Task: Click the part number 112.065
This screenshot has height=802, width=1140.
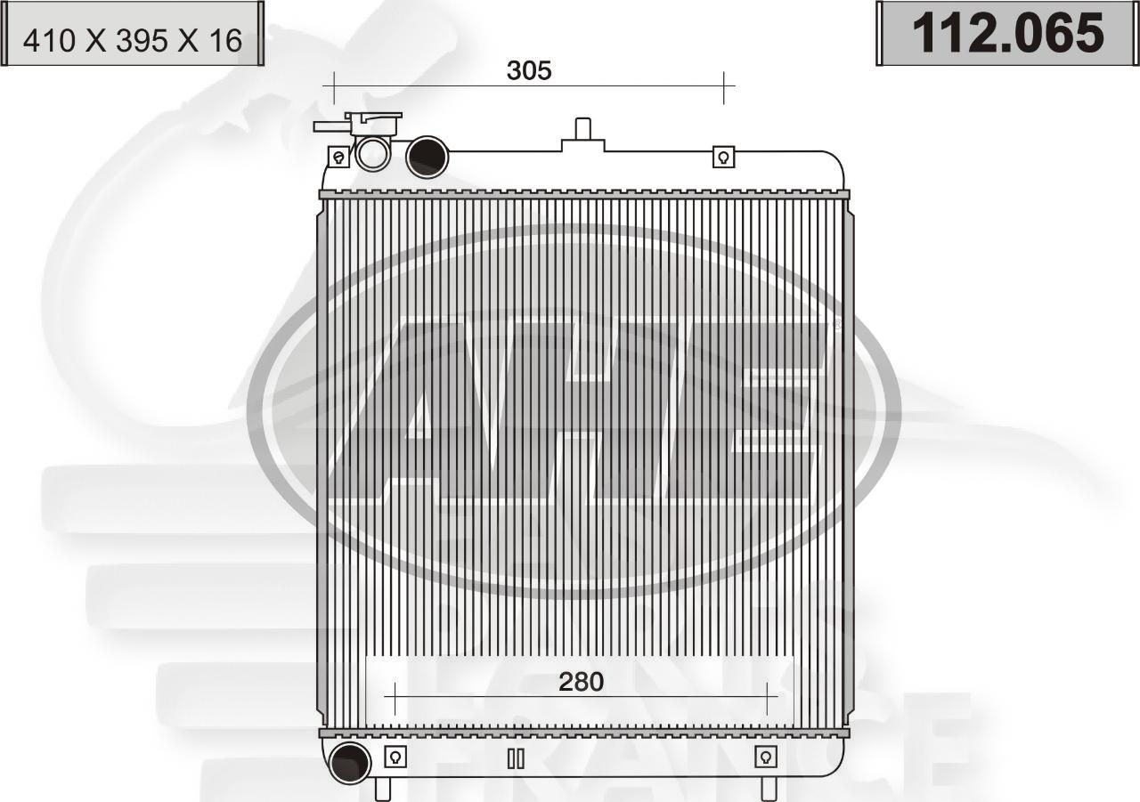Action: coord(1007,33)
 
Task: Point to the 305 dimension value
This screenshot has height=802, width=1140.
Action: coord(529,70)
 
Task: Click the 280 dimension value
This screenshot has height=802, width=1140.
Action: coord(581,682)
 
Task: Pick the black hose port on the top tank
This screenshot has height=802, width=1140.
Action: coord(427,158)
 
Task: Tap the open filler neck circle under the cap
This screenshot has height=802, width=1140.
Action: coord(372,153)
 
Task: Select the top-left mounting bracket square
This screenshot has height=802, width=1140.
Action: coord(338,157)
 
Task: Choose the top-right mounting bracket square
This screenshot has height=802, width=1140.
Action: coord(723,157)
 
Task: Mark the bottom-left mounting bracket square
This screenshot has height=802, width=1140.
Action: coord(395,757)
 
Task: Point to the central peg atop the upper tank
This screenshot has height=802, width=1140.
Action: coord(583,129)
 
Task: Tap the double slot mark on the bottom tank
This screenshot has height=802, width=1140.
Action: coord(516,758)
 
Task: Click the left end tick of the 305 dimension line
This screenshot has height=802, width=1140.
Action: coord(333,86)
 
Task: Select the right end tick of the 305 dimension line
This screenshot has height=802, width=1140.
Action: coord(724,86)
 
